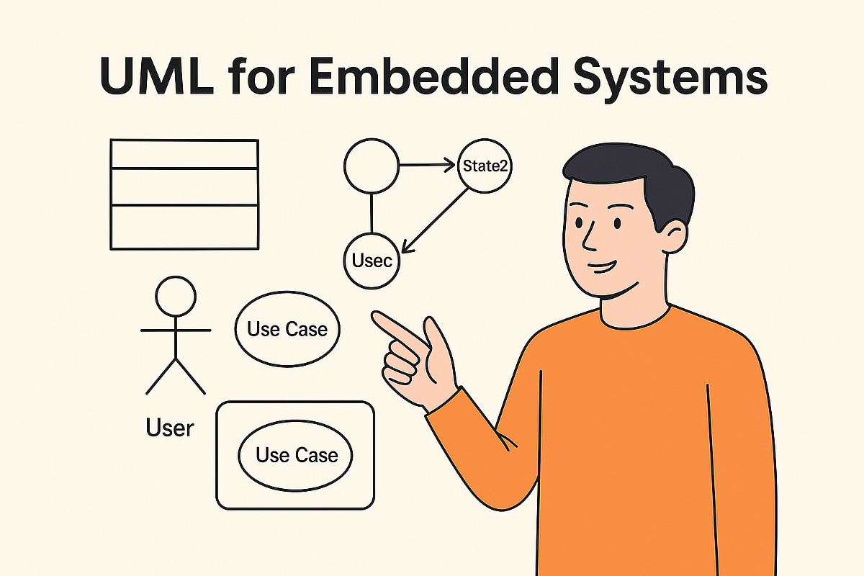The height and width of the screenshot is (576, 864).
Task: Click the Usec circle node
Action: (372, 261)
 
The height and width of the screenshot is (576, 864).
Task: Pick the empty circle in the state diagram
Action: (372, 166)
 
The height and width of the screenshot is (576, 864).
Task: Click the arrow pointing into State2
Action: (428, 166)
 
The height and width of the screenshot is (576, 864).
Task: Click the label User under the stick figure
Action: (170, 428)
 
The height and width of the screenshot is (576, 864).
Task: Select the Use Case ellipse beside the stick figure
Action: (287, 330)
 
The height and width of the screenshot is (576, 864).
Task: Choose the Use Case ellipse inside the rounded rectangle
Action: (297, 455)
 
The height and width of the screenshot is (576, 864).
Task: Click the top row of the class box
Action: (184, 154)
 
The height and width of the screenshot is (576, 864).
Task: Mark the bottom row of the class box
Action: (184, 227)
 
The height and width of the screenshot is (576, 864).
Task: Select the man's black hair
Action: (634, 169)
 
